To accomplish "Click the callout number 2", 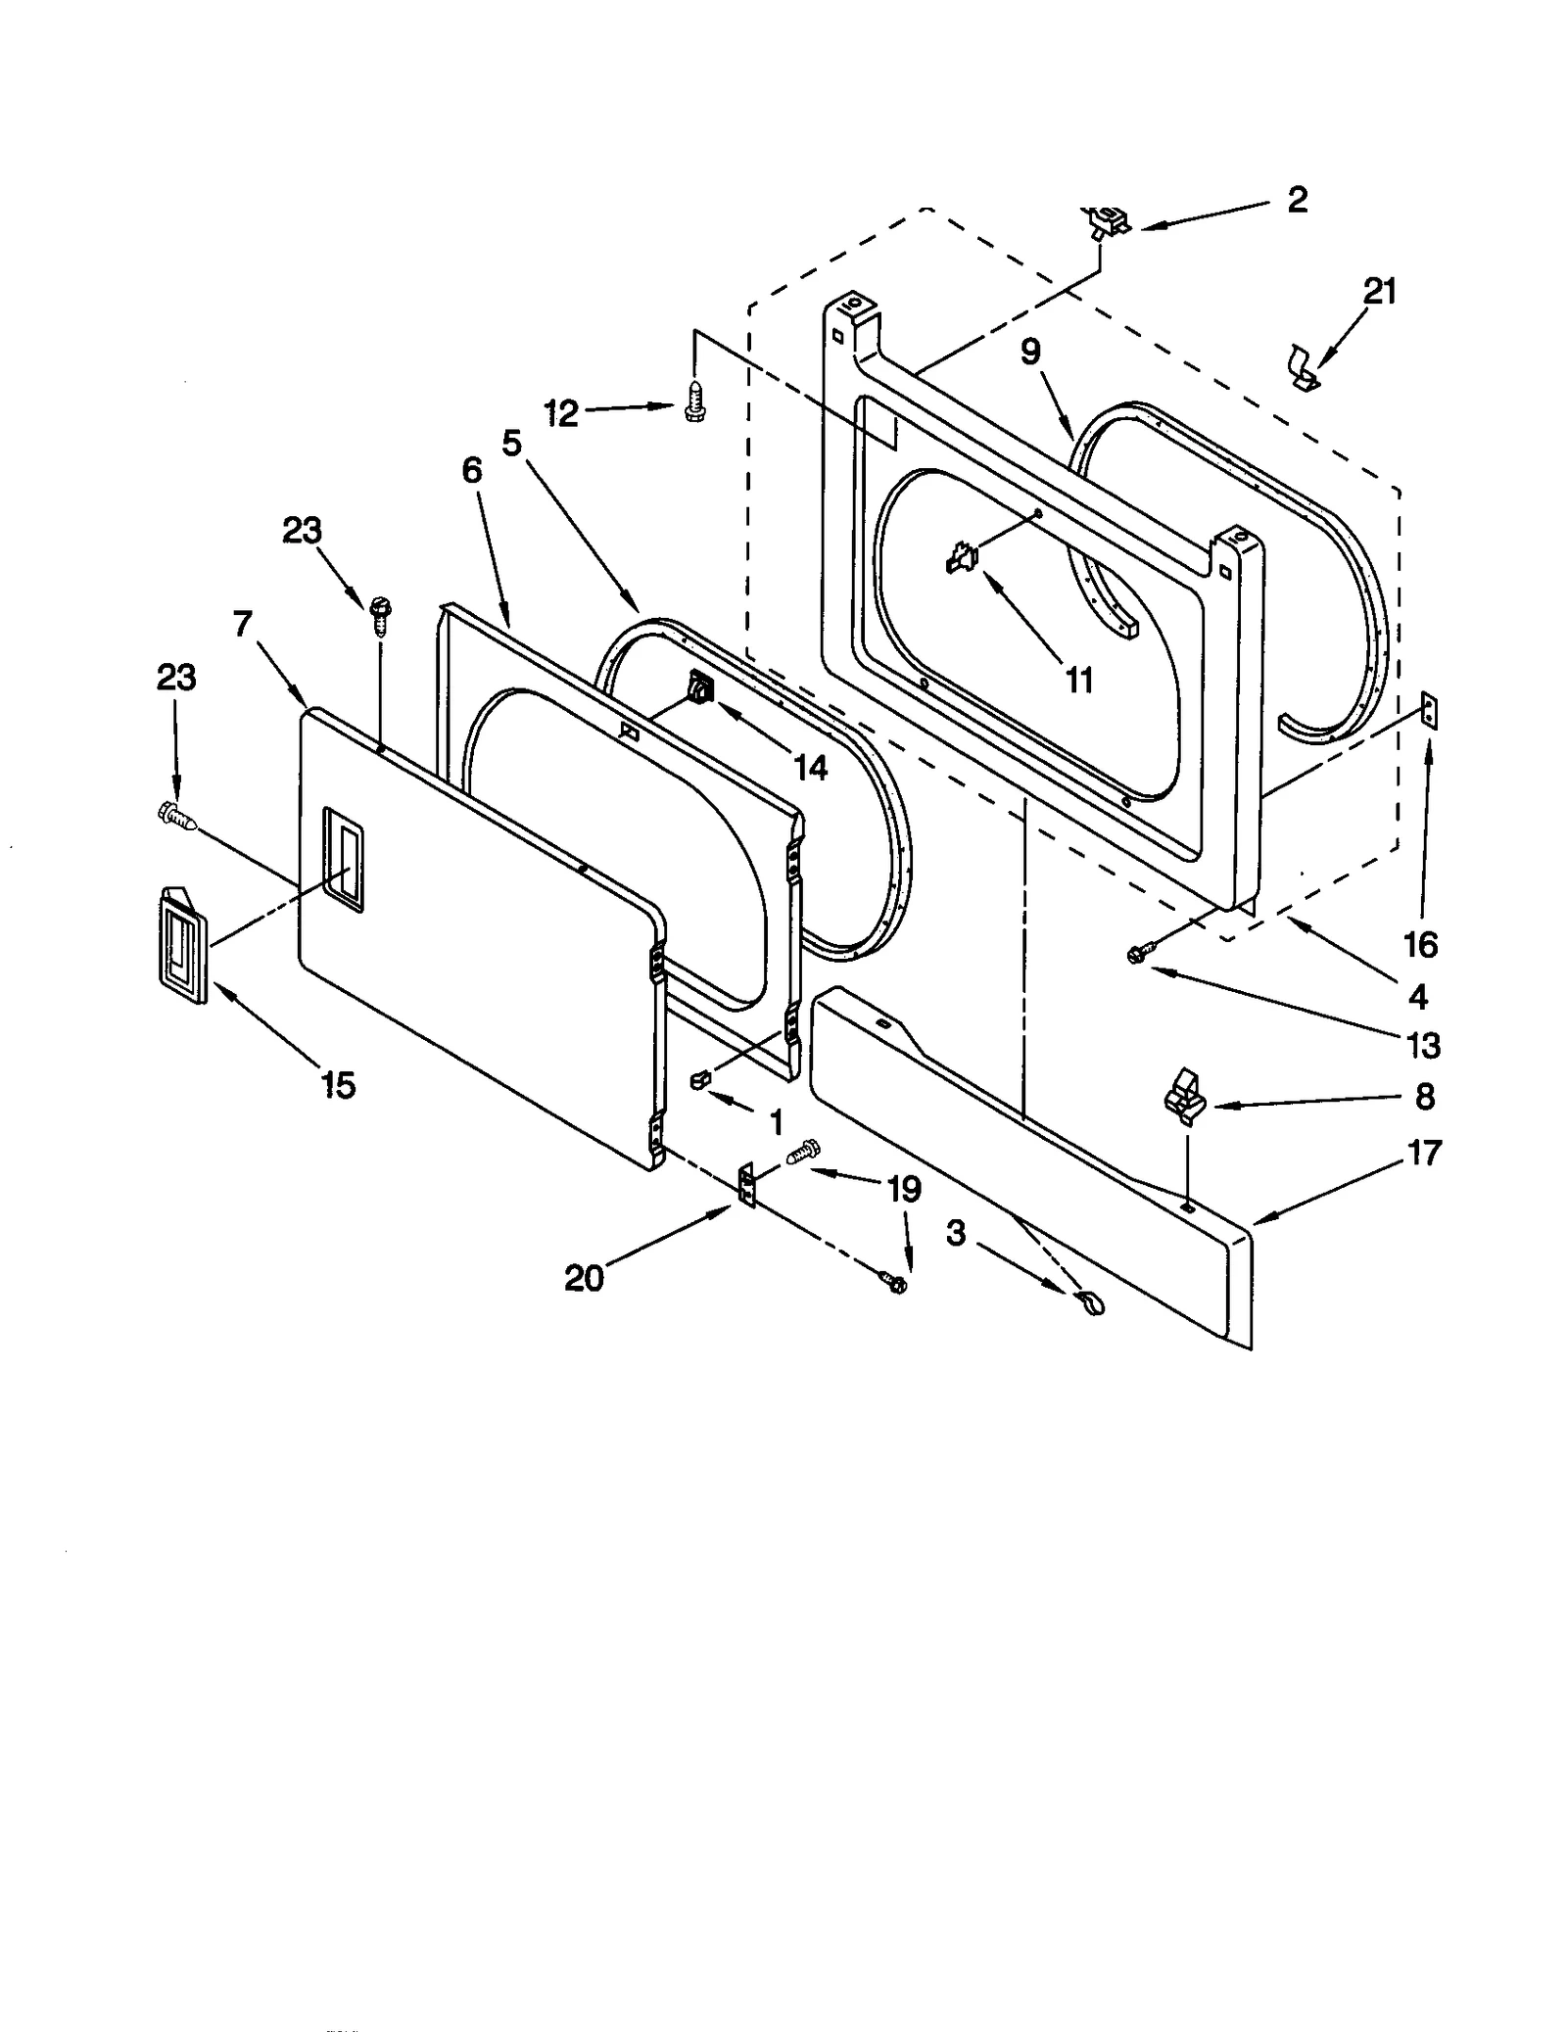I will pyautogui.click(x=1296, y=201).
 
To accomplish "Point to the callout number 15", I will pyautogui.click(x=339, y=1085).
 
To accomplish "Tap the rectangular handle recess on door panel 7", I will pyautogui.click(x=342, y=861).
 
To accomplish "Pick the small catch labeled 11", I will pyautogui.click(x=961, y=559).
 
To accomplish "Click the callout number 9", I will pyautogui.click(x=1030, y=353).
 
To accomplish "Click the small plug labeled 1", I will pyautogui.click(x=698, y=1079).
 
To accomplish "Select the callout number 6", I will pyautogui.click(x=472, y=471).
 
